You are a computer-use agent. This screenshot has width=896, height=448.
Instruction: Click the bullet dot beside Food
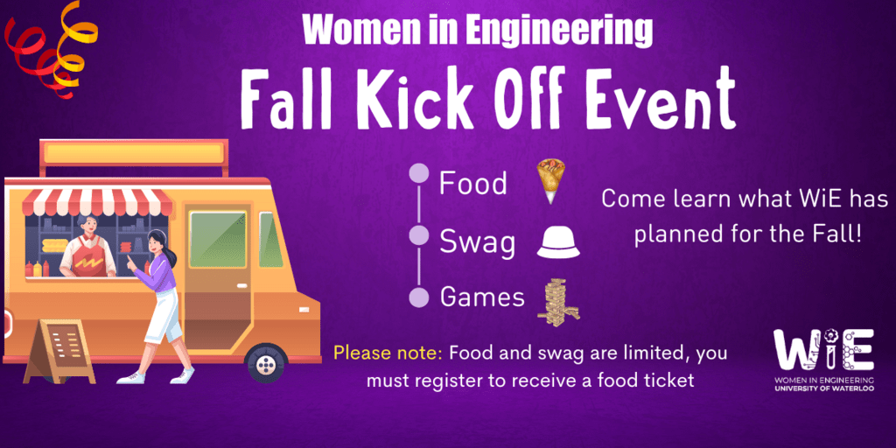click(x=419, y=173)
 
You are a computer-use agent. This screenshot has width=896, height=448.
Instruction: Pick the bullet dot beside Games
click(x=419, y=297)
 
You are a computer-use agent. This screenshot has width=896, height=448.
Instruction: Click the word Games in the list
click(x=482, y=297)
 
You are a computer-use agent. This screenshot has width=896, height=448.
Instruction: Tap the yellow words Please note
click(x=388, y=354)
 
